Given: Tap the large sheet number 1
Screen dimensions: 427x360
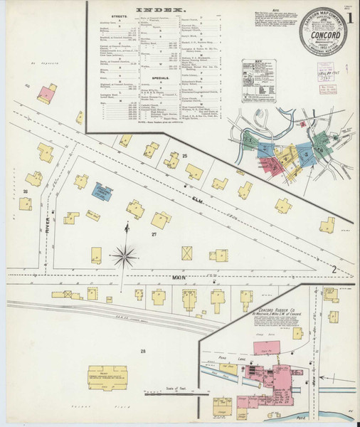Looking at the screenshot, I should tap(350, 14).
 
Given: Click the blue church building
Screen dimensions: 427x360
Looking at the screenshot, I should tap(102, 192).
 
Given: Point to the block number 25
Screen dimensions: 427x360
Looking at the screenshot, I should tap(184, 155).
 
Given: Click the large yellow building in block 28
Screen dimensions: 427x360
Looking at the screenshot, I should tap(107, 378).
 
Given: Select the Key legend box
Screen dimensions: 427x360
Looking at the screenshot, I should tap(258, 83).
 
